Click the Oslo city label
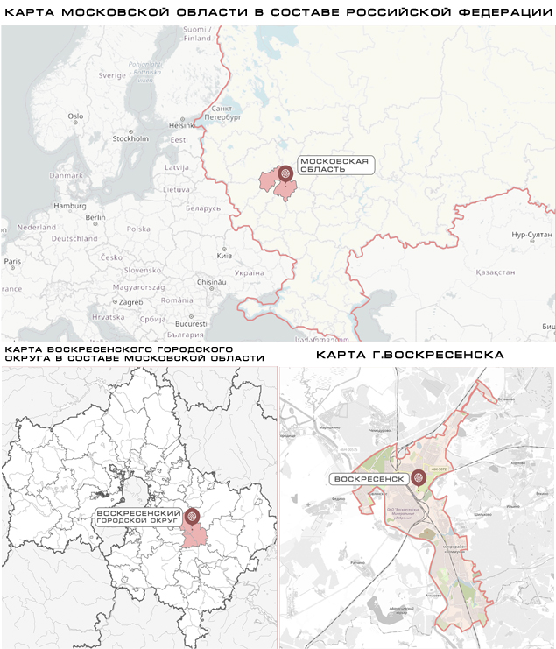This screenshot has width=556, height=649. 75,116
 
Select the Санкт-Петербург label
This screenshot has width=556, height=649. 225,112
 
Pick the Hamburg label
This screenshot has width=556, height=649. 67,206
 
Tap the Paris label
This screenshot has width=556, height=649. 12,261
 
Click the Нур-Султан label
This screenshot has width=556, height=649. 530,236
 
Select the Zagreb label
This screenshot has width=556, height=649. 130,302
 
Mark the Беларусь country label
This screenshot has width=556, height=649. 203,208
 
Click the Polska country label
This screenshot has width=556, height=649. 138,229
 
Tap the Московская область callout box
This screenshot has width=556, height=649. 334,166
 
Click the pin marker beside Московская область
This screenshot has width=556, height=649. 285,174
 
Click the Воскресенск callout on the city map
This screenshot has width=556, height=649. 370,479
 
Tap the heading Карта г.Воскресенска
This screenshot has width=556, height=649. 410,356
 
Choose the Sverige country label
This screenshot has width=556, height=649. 112,75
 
